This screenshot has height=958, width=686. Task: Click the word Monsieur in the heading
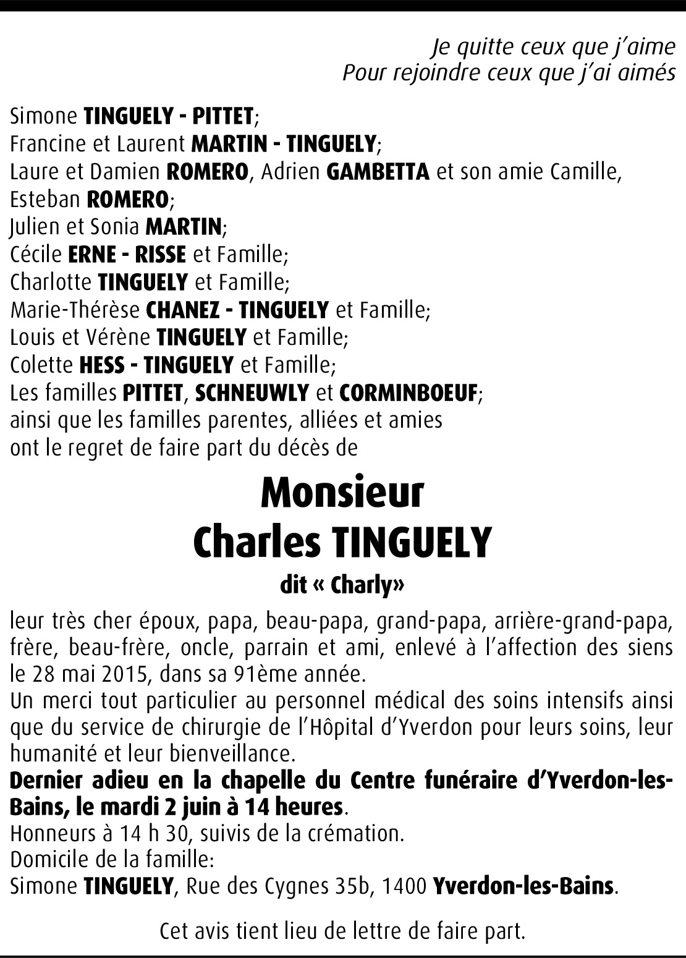point(342,493)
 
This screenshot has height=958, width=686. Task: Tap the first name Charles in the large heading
point(256,541)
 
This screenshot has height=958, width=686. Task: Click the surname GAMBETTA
point(377,172)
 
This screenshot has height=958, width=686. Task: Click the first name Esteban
point(45,200)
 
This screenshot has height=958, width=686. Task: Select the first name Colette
point(41,365)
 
